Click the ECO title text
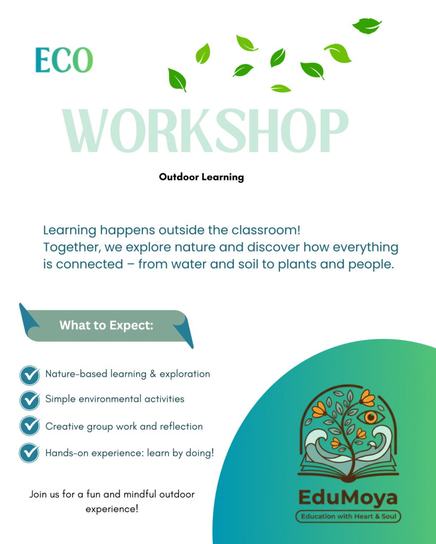tap(64, 60)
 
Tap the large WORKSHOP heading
tap(205, 131)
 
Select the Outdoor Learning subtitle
tap(201, 177)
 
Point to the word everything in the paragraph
tap(365, 248)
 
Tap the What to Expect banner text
tap(106, 326)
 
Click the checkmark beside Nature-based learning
tap(30, 375)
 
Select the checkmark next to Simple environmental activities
tap(30, 401)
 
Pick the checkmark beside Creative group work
tap(30, 426)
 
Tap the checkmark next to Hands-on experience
tap(30, 453)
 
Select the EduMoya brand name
tap(348, 498)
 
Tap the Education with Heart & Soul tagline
tap(348, 516)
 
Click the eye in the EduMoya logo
tap(371, 418)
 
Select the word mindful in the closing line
tap(140, 494)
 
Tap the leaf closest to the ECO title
tap(177, 80)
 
